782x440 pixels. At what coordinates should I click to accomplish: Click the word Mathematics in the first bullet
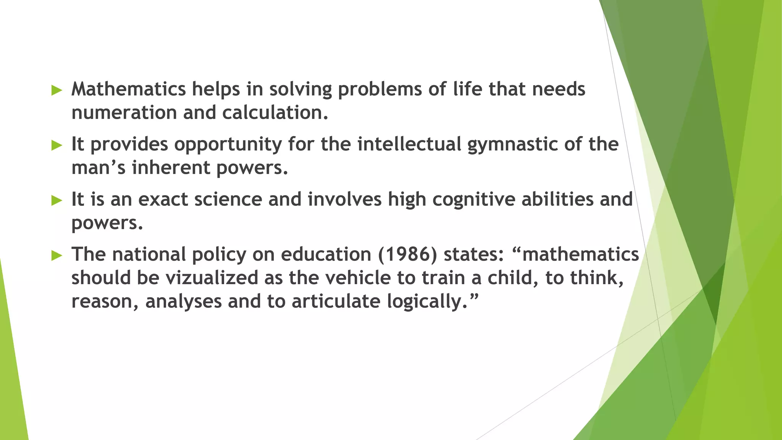(128, 89)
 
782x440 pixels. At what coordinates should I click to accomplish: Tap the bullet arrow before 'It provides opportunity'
(57, 145)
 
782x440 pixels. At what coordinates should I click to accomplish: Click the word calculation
(275, 113)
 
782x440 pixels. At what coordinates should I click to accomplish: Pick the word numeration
(124, 113)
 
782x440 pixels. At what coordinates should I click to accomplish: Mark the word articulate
(336, 301)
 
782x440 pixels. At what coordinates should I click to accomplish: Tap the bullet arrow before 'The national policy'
(57, 256)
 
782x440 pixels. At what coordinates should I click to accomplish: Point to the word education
(326, 254)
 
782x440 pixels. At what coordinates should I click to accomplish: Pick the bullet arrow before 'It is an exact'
(57, 201)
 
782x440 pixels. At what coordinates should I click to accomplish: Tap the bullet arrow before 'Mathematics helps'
(57, 91)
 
